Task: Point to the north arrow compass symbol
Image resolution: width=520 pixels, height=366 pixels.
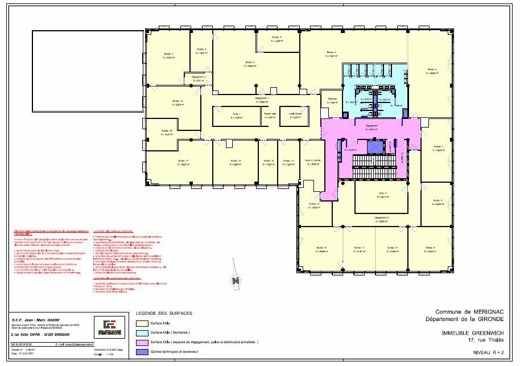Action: pos(234,280)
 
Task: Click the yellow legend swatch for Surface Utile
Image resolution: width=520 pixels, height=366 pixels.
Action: pos(143,323)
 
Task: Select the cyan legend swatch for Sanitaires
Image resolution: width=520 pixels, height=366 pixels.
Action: pos(143,332)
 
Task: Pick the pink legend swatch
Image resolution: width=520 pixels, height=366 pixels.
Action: pos(143,342)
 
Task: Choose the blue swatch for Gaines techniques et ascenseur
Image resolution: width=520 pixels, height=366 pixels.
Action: pos(143,352)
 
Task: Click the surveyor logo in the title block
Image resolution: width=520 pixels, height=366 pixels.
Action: pos(106,327)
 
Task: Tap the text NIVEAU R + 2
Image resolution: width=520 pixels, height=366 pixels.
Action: pos(488,353)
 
